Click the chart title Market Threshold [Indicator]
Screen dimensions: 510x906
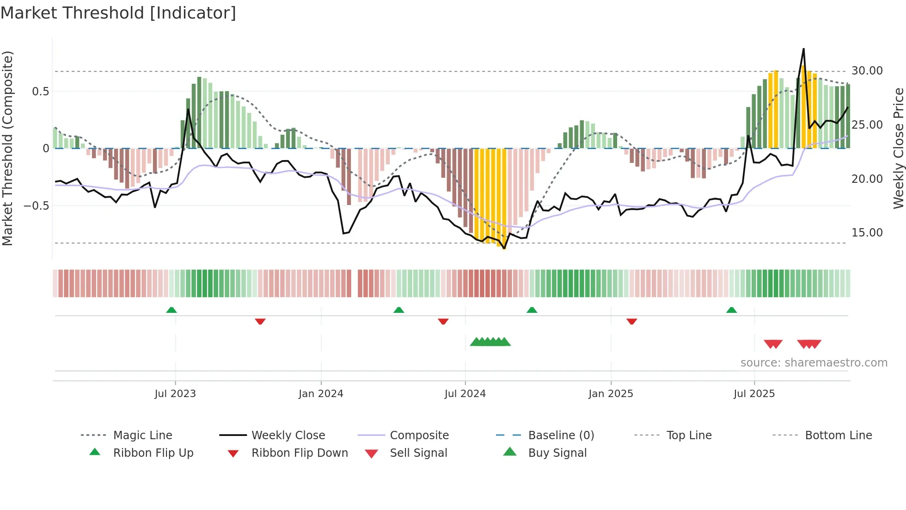[x=118, y=13]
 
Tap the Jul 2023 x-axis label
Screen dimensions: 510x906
[x=175, y=394]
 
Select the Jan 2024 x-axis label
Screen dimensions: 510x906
[x=321, y=394]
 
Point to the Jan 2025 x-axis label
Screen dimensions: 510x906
[x=611, y=394]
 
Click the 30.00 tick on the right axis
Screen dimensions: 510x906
[x=867, y=71]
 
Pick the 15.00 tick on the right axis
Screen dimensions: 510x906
[x=867, y=233]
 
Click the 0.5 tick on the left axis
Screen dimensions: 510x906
[x=40, y=92]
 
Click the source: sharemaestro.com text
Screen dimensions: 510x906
[x=814, y=363]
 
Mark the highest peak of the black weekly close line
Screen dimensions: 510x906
[x=803, y=49]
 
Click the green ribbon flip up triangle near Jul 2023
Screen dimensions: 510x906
[x=171, y=310]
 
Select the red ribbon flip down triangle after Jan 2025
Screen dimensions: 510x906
[x=632, y=321]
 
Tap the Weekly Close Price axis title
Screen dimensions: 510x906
[x=898, y=148]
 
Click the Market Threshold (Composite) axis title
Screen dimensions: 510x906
[x=7, y=148]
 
